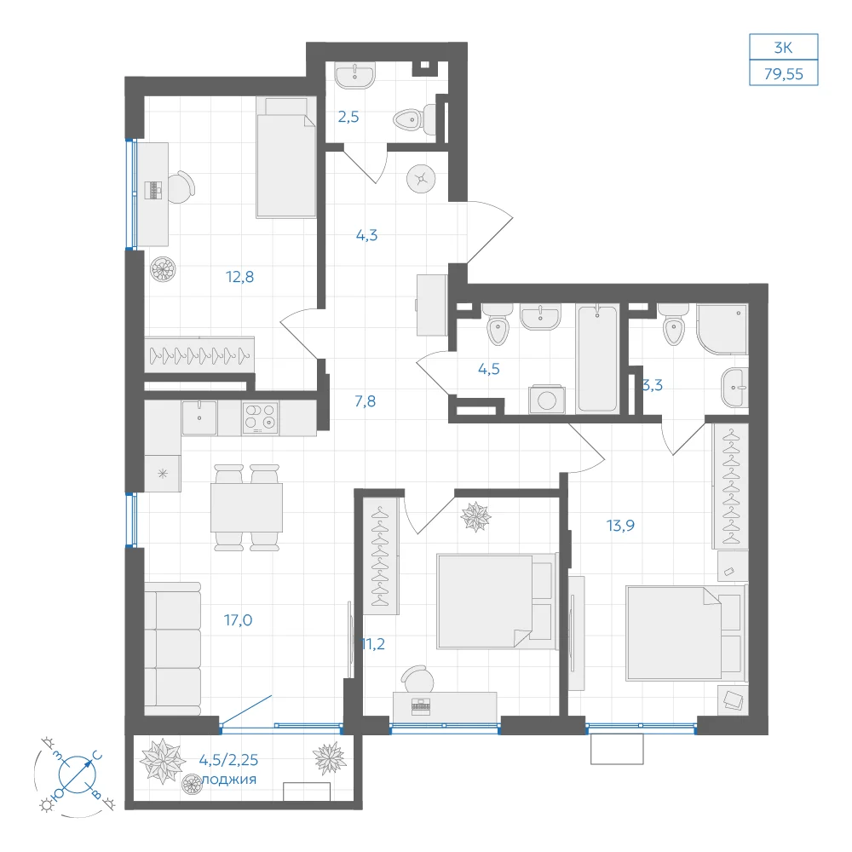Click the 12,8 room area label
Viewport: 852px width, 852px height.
pyautogui.click(x=239, y=277)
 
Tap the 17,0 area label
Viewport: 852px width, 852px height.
pyautogui.click(x=238, y=620)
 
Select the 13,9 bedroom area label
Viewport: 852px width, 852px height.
pyautogui.click(x=620, y=526)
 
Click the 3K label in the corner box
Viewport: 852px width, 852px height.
pyautogui.click(x=784, y=48)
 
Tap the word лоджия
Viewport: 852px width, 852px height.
pyautogui.click(x=228, y=780)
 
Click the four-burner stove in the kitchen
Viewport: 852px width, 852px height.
pyautogui.click(x=260, y=417)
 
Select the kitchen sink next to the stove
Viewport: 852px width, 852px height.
pyautogui.click(x=199, y=417)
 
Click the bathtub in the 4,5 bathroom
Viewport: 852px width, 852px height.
pyautogui.click(x=598, y=359)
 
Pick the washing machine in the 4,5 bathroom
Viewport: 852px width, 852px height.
pyautogui.click(x=547, y=400)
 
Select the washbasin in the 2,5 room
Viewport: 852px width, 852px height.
pyautogui.click(x=354, y=74)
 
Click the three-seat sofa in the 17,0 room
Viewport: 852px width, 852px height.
pyautogui.click(x=173, y=648)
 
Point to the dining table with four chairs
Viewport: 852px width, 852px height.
pyautogui.click(x=247, y=508)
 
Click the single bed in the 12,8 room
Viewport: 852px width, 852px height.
pyautogui.click(x=286, y=158)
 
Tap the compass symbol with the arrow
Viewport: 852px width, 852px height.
pyautogui.click(x=77, y=774)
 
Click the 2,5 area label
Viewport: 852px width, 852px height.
pyautogui.click(x=348, y=117)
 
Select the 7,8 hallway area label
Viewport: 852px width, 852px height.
pyautogui.click(x=366, y=401)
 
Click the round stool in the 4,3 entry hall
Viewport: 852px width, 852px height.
pyautogui.click(x=421, y=178)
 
